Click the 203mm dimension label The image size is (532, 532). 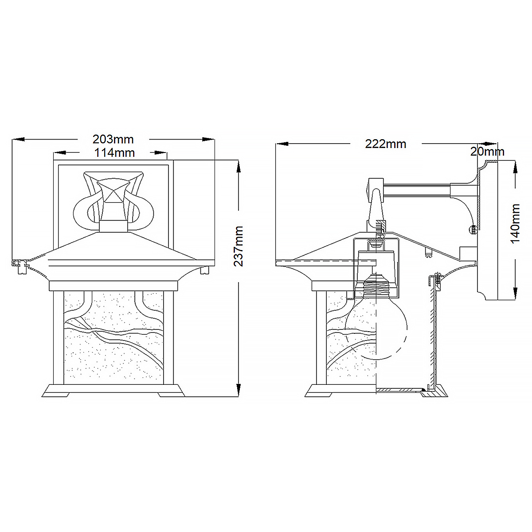tap(113, 139)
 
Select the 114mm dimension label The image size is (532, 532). tap(114, 153)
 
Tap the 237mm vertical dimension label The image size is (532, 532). tap(239, 246)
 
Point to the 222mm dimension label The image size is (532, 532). tap(386, 144)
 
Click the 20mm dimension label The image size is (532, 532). tap(487, 152)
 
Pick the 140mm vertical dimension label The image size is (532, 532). tap(515, 224)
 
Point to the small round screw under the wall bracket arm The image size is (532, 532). tap(473, 229)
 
